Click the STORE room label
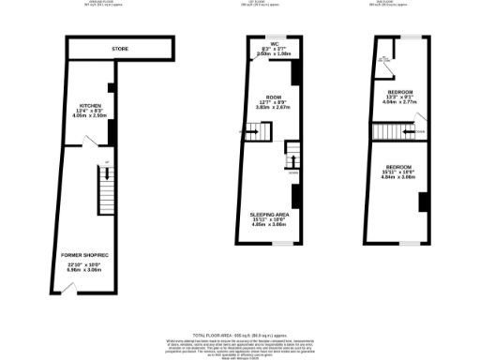click(x=120, y=49)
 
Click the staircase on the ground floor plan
click(x=104, y=187)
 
